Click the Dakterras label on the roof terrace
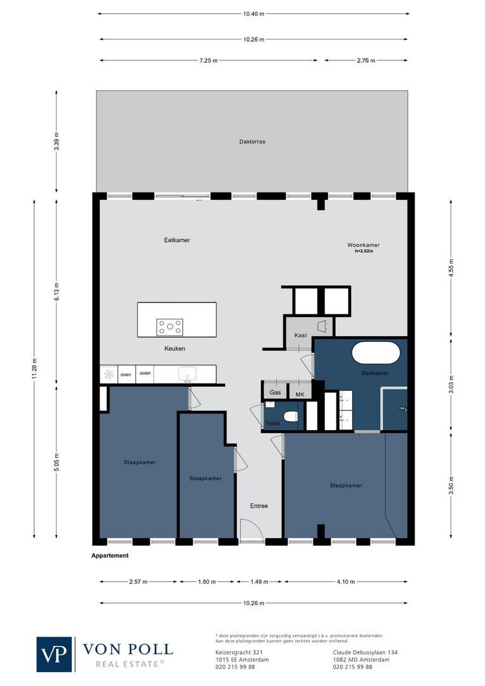pos(252,142)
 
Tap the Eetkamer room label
pos(177,240)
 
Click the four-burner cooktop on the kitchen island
pos(169,327)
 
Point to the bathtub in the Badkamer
pos(376,353)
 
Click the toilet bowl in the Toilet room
pos(291,417)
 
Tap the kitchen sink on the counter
pos(187,373)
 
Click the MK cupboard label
pos(300,394)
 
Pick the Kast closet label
pos(301,335)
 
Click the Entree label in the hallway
pos(258,506)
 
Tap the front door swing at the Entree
pos(249,530)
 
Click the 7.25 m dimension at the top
pos(208,61)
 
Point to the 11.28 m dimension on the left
pos(36,367)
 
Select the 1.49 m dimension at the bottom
pos(260,582)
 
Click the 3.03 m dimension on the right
pos(451,386)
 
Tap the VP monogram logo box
pos(55,654)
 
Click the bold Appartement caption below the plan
pos(110,556)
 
